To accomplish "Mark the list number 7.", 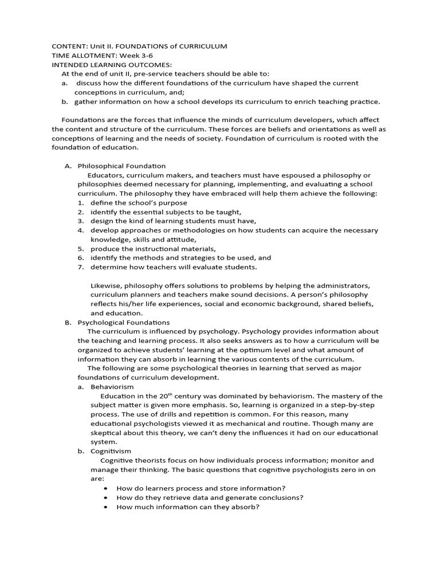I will [x=81, y=267].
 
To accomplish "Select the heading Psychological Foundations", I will [x=124, y=322].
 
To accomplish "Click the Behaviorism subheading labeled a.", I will [x=112, y=386].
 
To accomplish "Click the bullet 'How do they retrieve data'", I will [x=210, y=498].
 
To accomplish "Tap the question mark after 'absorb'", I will [x=258, y=507].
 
